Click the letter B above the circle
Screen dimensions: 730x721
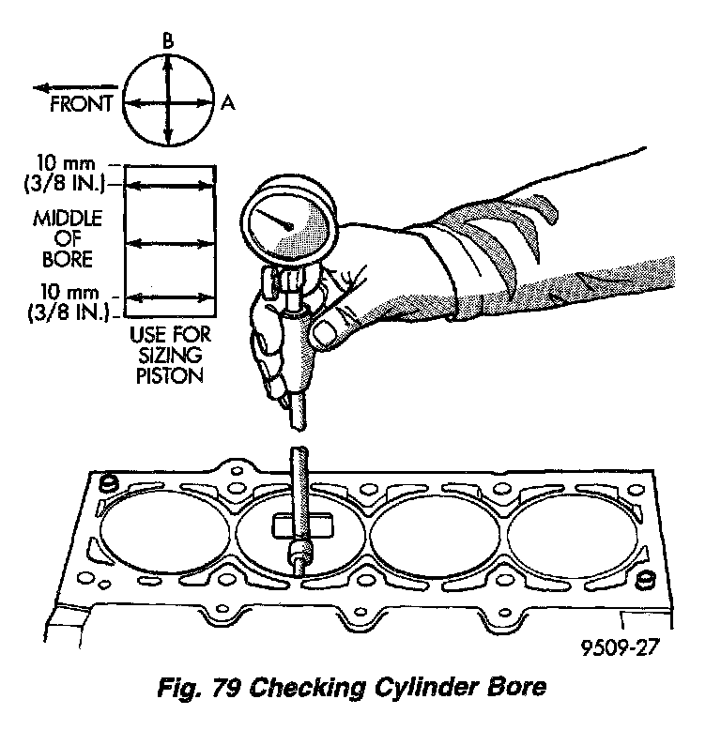[166, 40]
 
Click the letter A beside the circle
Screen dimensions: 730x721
[228, 105]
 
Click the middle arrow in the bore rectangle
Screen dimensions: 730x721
[170, 243]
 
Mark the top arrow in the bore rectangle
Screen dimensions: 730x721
[170, 188]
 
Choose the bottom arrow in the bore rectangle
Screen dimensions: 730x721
[170, 298]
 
